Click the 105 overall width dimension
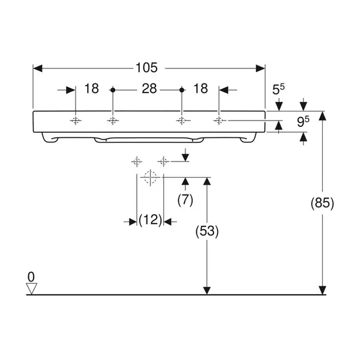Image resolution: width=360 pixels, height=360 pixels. [x=146, y=68]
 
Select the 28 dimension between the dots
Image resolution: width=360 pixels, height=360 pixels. [x=149, y=89]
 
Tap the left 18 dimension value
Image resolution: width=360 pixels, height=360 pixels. [x=92, y=88]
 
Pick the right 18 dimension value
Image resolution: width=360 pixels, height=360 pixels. [x=200, y=88]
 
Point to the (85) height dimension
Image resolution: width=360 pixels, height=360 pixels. [x=322, y=203]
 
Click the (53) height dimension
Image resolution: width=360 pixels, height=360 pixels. [x=207, y=231]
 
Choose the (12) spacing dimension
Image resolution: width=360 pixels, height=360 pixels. [x=151, y=220]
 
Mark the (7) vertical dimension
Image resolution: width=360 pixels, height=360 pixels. [x=185, y=200]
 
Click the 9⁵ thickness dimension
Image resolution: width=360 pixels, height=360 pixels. [x=303, y=121]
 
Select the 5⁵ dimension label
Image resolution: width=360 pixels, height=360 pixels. [x=278, y=89]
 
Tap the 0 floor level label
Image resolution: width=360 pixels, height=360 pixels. [x=31, y=277]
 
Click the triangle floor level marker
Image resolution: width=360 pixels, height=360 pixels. [x=31, y=289]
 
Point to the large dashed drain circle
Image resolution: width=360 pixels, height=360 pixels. [x=150, y=177]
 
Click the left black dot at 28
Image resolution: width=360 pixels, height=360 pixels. [x=113, y=90]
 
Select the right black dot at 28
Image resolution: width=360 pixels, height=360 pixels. [x=182, y=90]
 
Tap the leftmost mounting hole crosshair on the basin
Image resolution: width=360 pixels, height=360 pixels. [x=76, y=121]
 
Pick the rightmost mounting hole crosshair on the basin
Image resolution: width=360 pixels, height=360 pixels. [x=219, y=121]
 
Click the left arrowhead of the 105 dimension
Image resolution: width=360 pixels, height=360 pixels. [x=38, y=68]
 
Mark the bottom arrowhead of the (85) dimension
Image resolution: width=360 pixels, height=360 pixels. [x=322, y=290]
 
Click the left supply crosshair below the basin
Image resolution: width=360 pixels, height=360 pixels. [x=137, y=162]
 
